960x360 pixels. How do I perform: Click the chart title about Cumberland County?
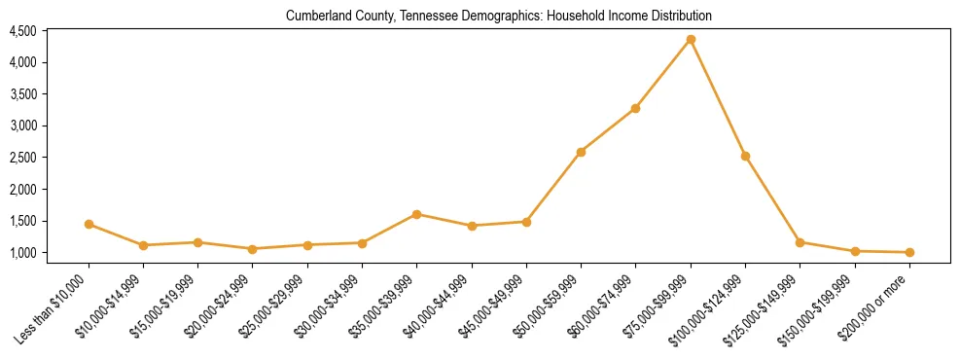499,17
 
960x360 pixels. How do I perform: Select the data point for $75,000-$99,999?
691,39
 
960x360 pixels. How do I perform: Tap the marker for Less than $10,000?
89,224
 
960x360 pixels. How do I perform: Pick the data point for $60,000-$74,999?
635,108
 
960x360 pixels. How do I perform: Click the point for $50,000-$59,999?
581,152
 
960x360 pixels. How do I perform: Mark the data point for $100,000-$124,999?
745,156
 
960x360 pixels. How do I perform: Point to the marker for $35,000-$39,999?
416,214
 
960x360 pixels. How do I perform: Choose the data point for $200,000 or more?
909,252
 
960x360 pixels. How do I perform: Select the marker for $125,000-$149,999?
800,242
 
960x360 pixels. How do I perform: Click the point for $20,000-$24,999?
253,249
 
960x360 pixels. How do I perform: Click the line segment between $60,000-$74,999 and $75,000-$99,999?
663,73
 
